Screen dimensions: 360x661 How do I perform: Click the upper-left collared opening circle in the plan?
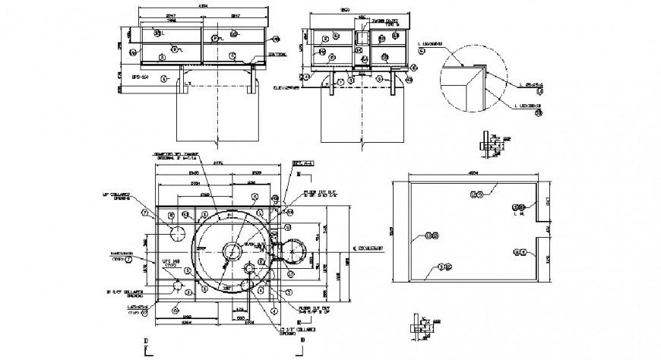(x=179, y=232)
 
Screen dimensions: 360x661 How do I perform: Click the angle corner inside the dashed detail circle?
(x=476, y=70)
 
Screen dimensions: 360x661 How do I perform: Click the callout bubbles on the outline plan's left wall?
(x=431, y=236)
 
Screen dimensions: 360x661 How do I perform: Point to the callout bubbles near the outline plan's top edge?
(x=476, y=195)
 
